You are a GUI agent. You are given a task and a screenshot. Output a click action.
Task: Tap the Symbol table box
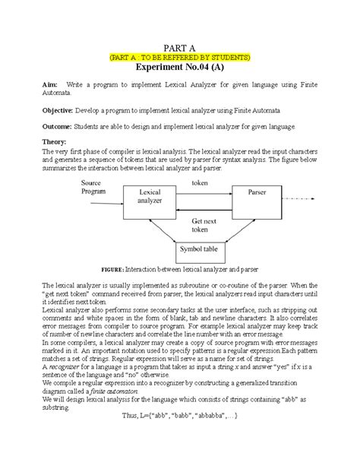click(200, 249)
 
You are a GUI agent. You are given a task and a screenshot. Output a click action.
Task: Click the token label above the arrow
click(201, 184)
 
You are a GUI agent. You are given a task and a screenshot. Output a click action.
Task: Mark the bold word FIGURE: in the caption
click(118, 271)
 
